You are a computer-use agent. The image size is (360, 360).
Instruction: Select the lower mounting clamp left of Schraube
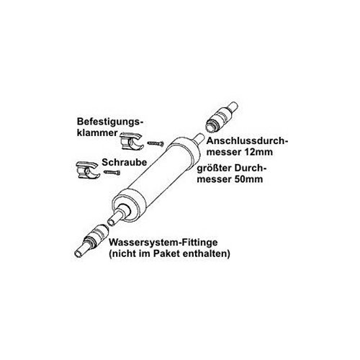pyautogui.click(x=86, y=171)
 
